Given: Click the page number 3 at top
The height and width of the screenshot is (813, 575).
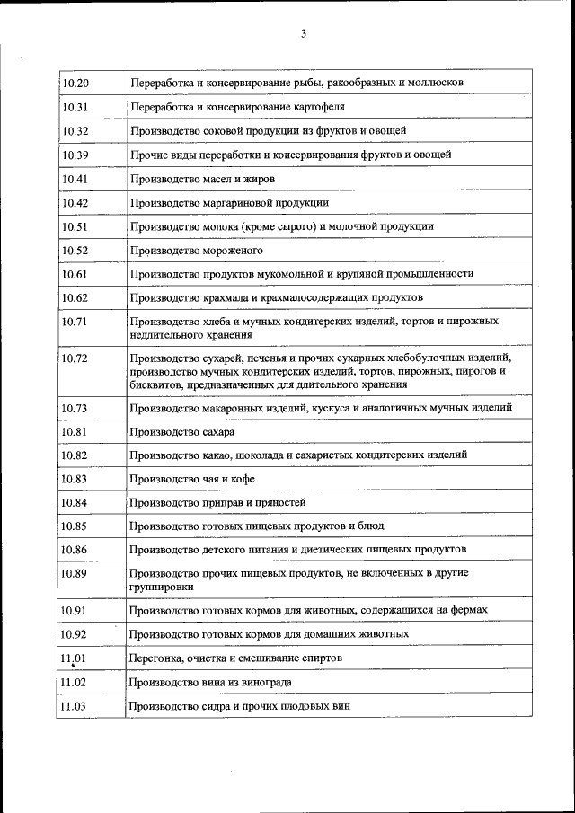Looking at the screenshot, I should (x=304, y=33).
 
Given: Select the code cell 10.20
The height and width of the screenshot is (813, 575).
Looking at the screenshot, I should (x=75, y=83).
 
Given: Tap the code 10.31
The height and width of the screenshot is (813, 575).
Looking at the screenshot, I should (x=75, y=107).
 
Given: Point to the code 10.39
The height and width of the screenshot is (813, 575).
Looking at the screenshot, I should (x=75, y=155).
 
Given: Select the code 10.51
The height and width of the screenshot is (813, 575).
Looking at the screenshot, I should (x=75, y=226).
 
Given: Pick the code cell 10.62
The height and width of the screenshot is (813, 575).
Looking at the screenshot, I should (x=75, y=297).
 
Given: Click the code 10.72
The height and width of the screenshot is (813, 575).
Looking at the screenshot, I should (x=75, y=359).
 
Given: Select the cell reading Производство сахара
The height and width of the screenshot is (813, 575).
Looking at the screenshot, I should (x=175, y=432).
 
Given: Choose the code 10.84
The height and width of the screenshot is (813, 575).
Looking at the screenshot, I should (x=75, y=502).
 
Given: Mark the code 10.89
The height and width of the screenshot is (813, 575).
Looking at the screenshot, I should (x=75, y=572).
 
